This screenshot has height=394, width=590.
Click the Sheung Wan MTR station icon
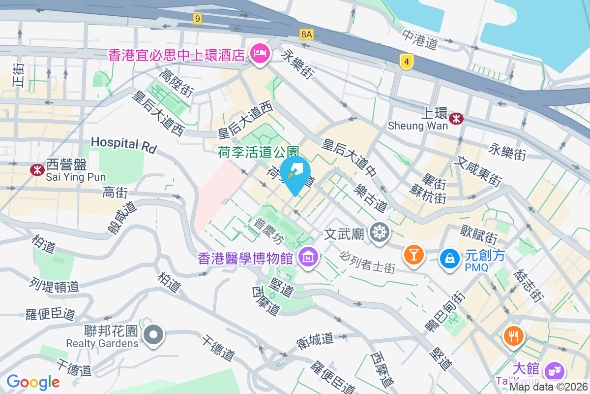(x=457, y=118)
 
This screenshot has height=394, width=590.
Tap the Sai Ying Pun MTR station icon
(x=37, y=170)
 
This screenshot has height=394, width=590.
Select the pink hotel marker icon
(x=259, y=52)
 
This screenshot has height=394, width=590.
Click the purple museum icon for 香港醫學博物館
(x=308, y=257)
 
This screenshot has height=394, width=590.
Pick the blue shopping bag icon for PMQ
(x=449, y=258)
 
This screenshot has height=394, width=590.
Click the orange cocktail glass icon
(x=413, y=254)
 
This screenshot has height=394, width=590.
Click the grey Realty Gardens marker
(x=153, y=334)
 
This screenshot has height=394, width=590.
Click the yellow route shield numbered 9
(x=198, y=19)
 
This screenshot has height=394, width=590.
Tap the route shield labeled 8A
(x=306, y=33)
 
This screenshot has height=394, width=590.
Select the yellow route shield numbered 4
(x=406, y=62)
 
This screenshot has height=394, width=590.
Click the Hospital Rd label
(x=123, y=144)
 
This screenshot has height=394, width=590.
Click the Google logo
(x=33, y=382)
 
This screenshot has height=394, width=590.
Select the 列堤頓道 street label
(x=54, y=284)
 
